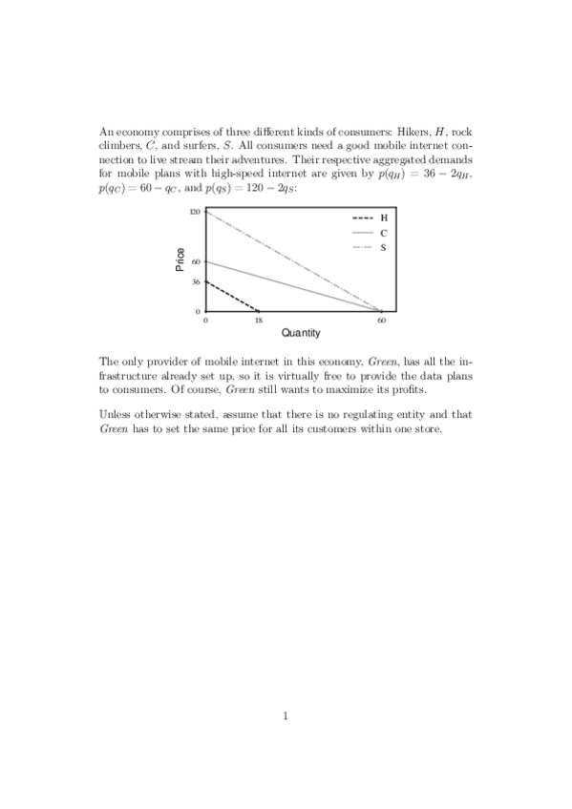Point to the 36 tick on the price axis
coord(197,281)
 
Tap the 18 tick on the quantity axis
coord(259,321)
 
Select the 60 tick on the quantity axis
coord(381,321)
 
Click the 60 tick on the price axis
coord(197,260)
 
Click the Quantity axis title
coord(300,333)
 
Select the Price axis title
coord(180,260)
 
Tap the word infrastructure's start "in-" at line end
coord(466,363)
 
